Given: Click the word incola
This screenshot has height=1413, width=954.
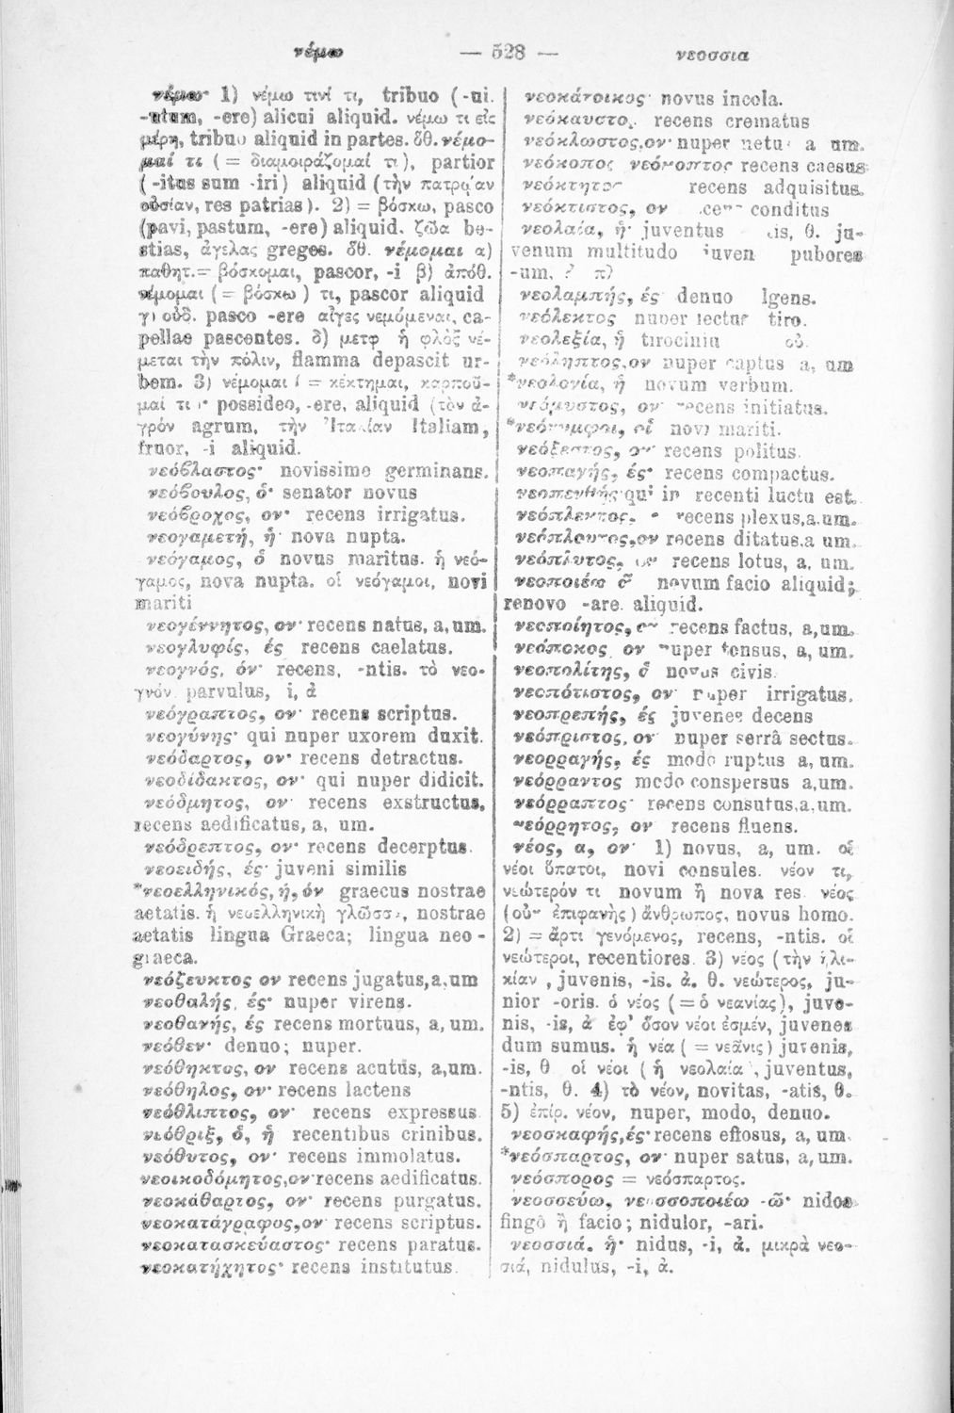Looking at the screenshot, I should (721, 99).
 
